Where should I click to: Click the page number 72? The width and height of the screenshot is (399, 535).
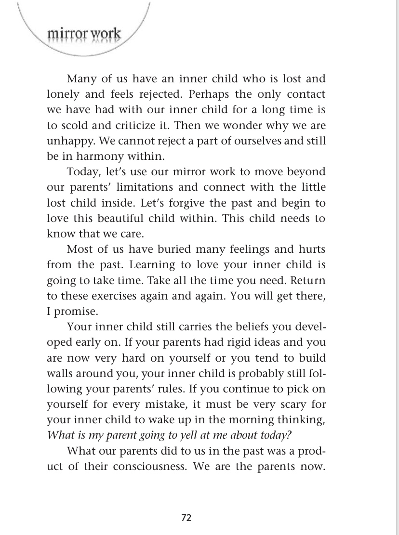click(186, 518)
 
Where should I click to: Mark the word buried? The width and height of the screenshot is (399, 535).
click(151, 249)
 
